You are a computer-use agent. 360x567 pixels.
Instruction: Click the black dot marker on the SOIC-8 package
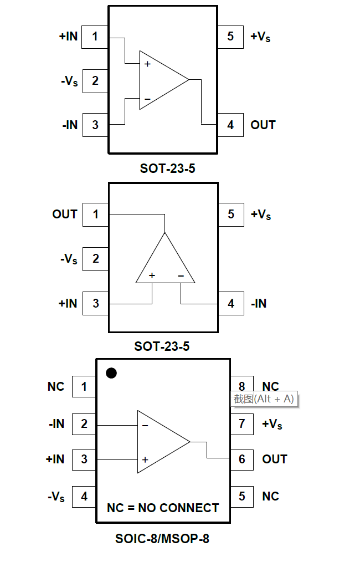(111, 373)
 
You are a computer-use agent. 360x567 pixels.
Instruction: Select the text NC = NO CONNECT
(163, 508)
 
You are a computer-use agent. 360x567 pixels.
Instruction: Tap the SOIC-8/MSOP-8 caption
(162, 539)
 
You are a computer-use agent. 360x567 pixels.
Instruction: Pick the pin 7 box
(242, 424)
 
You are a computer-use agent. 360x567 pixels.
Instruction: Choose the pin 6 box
(242, 459)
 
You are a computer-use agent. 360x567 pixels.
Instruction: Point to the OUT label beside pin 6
(275, 459)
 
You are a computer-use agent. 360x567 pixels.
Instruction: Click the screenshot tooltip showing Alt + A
(264, 399)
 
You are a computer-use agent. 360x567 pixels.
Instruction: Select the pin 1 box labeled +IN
(95, 37)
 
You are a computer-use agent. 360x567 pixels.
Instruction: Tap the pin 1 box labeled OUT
(95, 214)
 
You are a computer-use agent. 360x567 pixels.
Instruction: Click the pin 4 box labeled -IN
(231, 304)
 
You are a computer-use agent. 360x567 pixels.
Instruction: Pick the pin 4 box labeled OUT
(230, 125)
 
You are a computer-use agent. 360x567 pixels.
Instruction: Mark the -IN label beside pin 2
(56, 424)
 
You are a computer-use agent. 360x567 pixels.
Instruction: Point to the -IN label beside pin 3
(70, 125)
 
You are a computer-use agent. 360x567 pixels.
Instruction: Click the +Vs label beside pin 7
(272, 425)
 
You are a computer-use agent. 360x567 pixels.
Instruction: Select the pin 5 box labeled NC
(242, 496)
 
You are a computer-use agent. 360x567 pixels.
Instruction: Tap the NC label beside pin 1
(56, 387)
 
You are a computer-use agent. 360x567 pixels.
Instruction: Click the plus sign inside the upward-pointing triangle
(152, 275)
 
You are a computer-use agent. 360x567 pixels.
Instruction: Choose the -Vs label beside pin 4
(56, 497)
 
